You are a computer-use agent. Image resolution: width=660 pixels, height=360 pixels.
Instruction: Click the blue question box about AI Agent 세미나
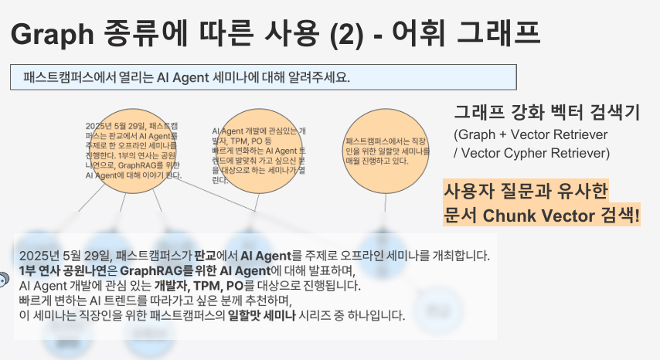264,77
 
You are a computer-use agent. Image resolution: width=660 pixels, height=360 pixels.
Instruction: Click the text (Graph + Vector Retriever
531,135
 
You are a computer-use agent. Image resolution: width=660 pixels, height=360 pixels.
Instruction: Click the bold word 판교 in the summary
205,255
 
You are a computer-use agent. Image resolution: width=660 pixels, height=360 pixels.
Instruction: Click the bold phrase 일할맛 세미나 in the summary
260,315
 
